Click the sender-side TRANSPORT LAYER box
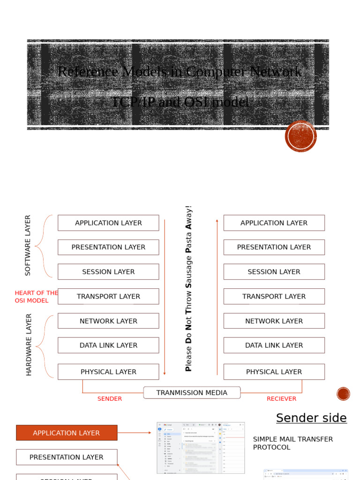[108, 296]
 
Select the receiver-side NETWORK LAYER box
[274, 321]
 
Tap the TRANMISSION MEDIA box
[192, 393]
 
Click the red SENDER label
[110, 399]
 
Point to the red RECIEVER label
[281, 399]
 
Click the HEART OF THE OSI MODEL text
[36, 297]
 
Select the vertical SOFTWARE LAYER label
[28, 245]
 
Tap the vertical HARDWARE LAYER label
[29, 345]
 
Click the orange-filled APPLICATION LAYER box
[67, 433]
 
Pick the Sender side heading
[311, 418]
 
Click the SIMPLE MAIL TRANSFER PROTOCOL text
[292, 443]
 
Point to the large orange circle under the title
[300, 136]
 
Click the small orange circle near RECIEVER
[343, 394]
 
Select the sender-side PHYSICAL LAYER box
[108, 372]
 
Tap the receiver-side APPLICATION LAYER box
[274, 223]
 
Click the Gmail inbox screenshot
[201, 448]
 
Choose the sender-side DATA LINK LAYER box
[108, 345]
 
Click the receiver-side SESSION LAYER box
[274, 272]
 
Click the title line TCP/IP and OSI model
[180, 102]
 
